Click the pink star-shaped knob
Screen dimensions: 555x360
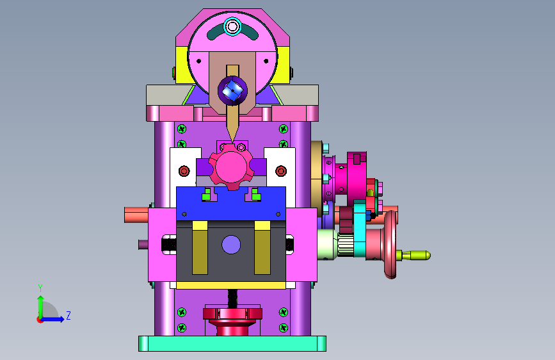(231, 167)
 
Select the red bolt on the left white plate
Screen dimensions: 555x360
(184, 171)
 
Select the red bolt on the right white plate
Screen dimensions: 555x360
(281, 171)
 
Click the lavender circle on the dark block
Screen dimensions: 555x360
(231, 245)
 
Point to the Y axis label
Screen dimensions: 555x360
(40, 288)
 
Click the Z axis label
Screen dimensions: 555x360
(68, 315)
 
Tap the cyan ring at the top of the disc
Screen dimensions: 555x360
(232, 26)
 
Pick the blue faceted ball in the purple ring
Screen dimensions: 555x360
(232, 91)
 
